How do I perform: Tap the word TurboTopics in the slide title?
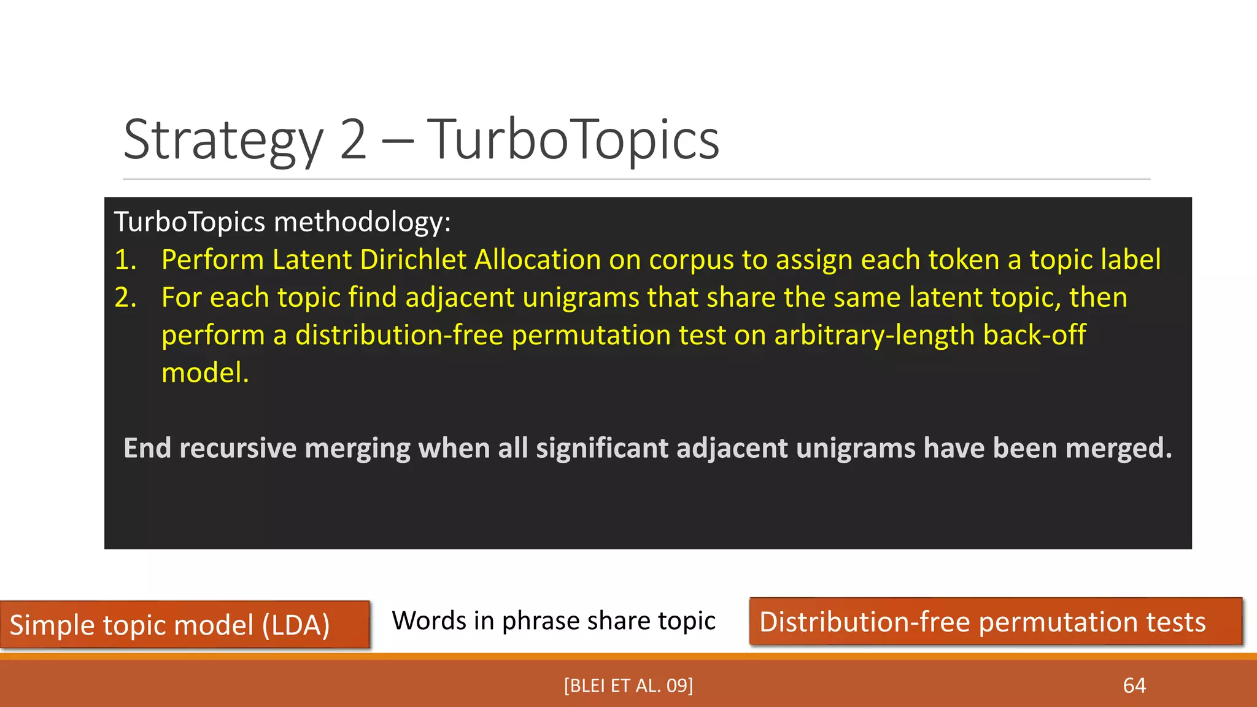(x=573, y=141)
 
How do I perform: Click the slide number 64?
(x=1134, y=686)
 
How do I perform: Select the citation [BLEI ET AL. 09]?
(x=628, y=686)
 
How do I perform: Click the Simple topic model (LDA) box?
(x=184, y=625)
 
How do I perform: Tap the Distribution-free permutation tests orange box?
(x=996, y=622)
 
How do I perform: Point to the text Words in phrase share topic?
(x=554, y=620)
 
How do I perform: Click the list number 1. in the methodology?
(x=125, y=260)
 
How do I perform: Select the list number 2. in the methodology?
(x=125, y=298)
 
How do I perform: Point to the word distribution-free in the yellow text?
(x=399, y=335)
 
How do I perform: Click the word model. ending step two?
(x=205, y=373)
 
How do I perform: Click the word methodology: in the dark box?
(x=362, y=222)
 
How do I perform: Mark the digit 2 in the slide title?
(x=353, y=141)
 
